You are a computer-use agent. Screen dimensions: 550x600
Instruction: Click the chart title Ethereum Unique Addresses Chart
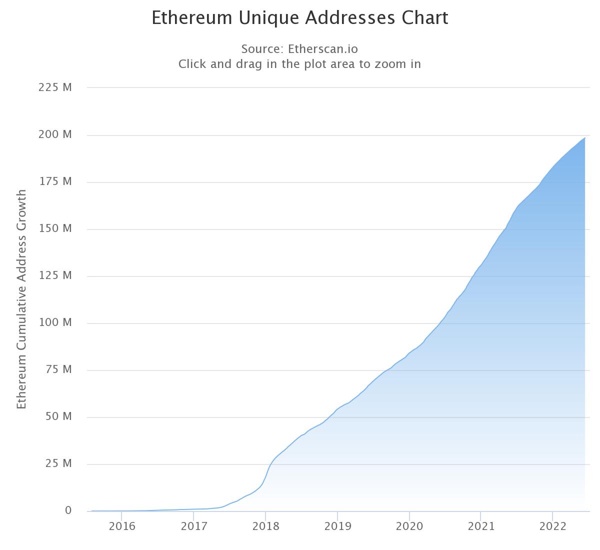click(300, 18)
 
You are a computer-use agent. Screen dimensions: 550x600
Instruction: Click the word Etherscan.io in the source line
click(322, 49)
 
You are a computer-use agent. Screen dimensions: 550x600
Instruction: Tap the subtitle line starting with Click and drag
click(299, 64)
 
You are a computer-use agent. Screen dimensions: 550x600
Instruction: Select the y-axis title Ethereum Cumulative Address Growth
click(21, 299)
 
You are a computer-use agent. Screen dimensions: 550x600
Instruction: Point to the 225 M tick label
click(55, 87)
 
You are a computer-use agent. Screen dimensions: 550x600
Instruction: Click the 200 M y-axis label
click(55, 134)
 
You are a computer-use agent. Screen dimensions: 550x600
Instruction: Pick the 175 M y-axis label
click(55, 181)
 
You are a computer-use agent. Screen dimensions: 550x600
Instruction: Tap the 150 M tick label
click(55, 228)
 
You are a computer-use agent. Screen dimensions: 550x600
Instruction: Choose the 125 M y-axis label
click(55, 275)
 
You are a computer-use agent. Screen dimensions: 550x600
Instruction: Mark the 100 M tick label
click(55, 322)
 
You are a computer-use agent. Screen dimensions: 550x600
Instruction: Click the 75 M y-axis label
click(58, 369)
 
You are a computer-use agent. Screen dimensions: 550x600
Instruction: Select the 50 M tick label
click(58, 416)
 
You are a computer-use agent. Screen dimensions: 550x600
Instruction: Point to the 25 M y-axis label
click(58, 463)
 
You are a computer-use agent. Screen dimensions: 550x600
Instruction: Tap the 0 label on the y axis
click(68, 510)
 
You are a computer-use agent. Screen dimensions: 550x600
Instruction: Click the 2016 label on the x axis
click(122, 526)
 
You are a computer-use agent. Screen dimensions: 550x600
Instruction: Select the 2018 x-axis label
click(265, 526)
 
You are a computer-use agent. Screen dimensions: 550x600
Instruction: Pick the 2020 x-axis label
click(409, 526)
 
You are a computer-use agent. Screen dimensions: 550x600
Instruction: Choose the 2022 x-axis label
click(552, 526)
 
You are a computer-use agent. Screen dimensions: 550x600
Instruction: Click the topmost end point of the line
click(585, 137)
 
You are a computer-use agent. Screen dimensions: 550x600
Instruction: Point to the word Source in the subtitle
click(262, 49)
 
